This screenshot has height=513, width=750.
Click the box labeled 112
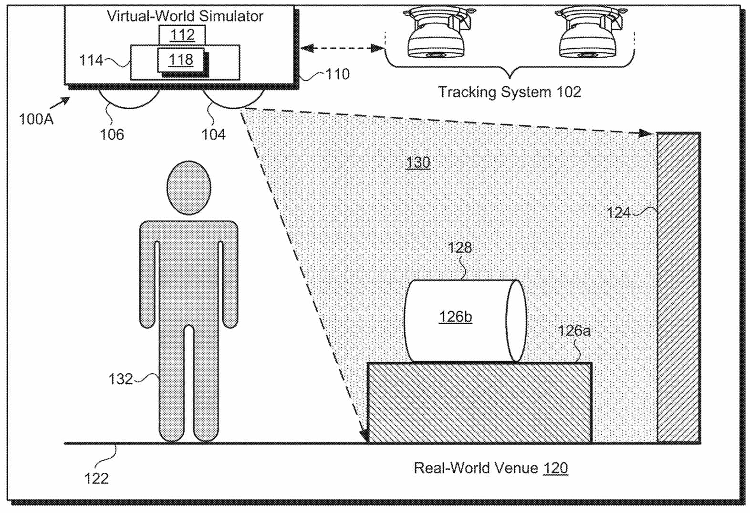[182, 34]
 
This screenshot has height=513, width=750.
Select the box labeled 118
[181, 60]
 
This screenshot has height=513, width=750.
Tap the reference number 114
[91, 61]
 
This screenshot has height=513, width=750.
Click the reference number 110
[337, 74]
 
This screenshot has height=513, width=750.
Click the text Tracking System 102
[509, 92]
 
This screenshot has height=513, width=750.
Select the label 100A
[36, 119]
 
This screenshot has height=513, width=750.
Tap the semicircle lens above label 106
[129, 98]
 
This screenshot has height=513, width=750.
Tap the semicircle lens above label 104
[233, 98]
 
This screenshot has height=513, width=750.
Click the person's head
[189, 187]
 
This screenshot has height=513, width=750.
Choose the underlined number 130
[418, 163]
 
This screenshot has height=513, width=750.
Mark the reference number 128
[459, 247]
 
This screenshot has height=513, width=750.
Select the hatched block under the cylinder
[479, 403]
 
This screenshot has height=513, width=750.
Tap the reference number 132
[120, 379]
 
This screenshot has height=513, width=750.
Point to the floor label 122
[96, 478]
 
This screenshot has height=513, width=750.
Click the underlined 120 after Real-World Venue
[555, 468]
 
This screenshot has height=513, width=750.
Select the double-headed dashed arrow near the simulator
[343, 48]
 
